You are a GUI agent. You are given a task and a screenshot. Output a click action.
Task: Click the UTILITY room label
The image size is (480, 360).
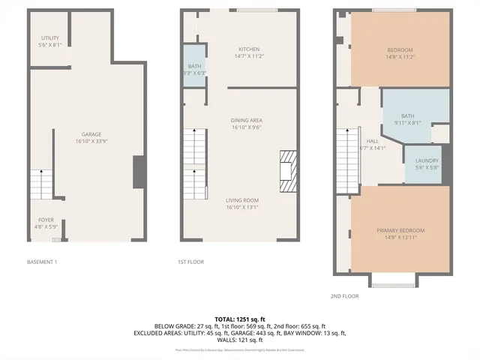50,37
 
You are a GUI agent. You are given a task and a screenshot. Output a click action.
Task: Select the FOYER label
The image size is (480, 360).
45,220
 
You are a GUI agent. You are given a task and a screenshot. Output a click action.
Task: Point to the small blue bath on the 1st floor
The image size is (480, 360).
194,67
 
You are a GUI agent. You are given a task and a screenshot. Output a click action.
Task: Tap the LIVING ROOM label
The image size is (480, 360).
242,199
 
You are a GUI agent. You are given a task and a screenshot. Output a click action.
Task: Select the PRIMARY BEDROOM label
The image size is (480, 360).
400,229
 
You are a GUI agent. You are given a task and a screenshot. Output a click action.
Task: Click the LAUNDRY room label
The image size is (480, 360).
427,160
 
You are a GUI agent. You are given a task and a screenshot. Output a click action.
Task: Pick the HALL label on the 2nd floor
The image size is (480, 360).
372,140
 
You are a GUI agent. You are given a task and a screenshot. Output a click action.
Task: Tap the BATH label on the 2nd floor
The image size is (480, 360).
407,115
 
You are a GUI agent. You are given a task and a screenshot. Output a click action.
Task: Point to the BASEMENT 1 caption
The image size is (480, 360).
42,262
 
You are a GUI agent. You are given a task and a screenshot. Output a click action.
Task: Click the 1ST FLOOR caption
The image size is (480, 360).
191,262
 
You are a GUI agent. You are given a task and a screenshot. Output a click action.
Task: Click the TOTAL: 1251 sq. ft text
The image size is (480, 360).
240,319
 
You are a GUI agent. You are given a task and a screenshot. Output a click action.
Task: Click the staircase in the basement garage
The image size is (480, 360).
41,184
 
